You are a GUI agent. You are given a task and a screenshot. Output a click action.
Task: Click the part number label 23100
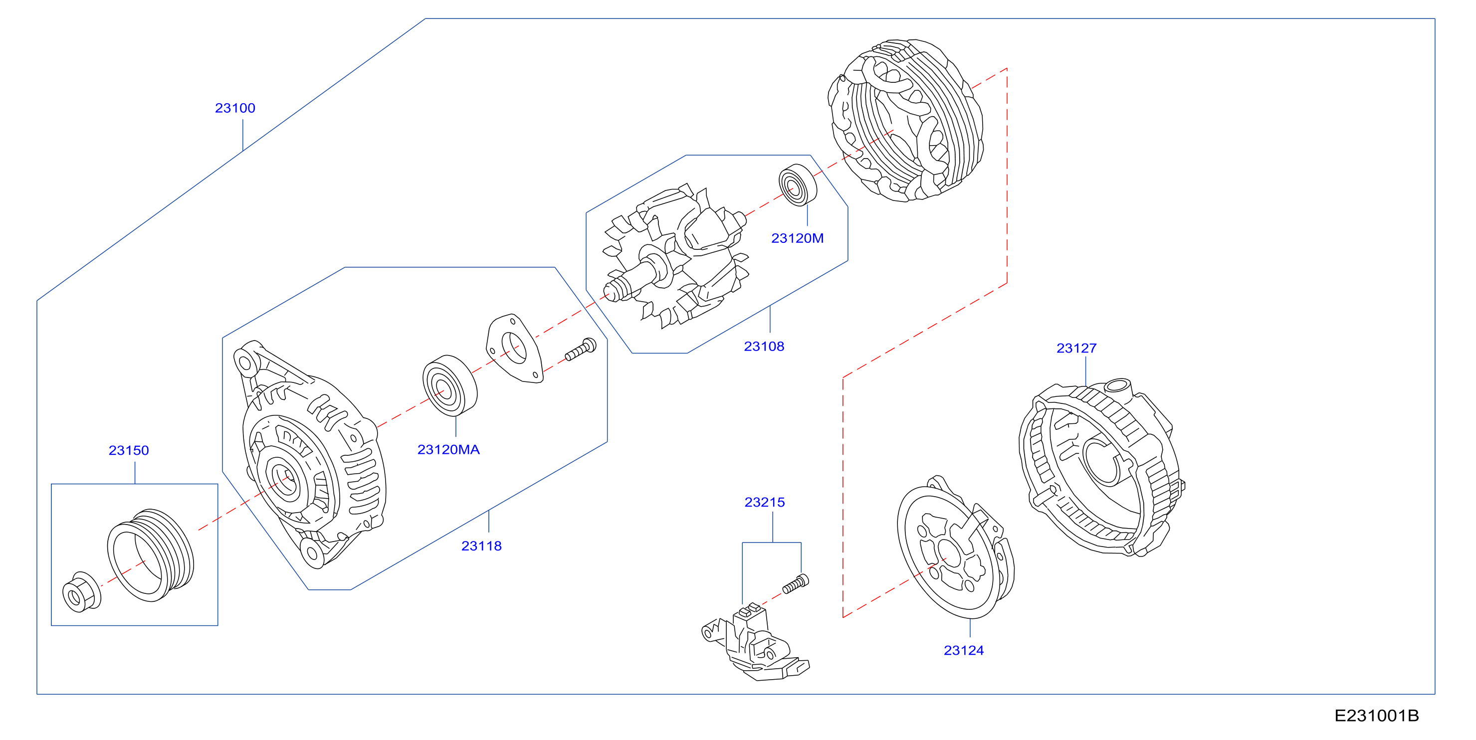235,108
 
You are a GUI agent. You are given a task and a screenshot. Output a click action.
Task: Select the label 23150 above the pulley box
129,451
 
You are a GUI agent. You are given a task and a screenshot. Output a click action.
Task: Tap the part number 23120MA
448,450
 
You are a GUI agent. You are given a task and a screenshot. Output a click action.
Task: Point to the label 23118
481,547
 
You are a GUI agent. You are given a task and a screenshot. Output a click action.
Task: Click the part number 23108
764,347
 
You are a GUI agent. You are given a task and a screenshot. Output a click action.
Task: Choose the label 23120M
797,238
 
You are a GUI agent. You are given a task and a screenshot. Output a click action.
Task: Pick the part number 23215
764,502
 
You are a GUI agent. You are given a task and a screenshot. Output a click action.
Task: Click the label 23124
964,651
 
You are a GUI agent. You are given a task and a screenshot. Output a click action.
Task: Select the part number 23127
1076,348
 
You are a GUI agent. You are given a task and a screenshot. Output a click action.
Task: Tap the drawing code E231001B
1377,716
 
